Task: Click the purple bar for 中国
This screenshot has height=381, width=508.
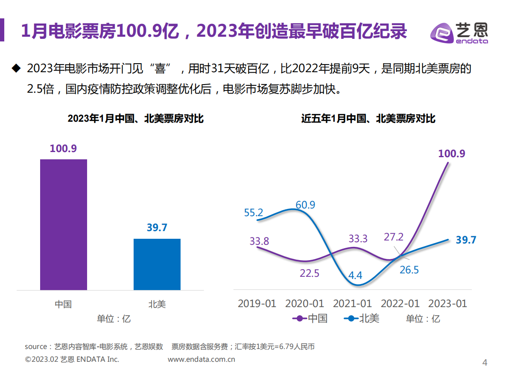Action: tap(64, 225)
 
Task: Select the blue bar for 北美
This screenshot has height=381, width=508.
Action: tap(157, 264)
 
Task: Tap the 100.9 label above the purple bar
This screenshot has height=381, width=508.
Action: tap(63, 149)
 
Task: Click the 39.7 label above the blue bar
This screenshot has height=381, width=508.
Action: tap(157, 228)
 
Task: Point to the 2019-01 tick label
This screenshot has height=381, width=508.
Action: tap(257, 304)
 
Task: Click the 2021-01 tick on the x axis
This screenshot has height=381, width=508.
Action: tap(352, 304)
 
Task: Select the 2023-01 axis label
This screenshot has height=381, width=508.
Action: tap(447, 304)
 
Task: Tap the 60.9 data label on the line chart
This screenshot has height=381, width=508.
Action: tap(305, 205)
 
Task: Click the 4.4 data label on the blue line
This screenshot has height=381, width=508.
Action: tap(355, 275)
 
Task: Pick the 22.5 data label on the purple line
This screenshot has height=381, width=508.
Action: tap(309, 273)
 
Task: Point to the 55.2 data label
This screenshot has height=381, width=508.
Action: tap(254, 212)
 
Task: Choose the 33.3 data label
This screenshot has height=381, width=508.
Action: tap(358, 238)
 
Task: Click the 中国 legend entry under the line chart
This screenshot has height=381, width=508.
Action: tap(310, 318)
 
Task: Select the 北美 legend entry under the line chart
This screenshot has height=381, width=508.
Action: tap(362, 318)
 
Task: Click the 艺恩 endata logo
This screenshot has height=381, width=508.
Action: tap(459, 32)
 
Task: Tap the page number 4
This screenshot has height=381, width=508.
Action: tap(485, 363)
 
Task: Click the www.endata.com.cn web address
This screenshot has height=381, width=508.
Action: tap(201, 360)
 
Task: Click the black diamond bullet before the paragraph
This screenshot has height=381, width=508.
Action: tap(16, 68)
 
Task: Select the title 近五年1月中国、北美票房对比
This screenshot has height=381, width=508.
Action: tap(368, 119)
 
